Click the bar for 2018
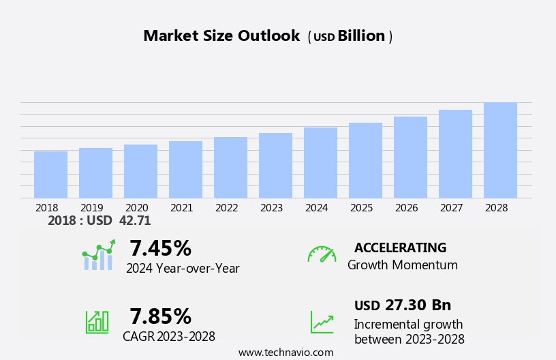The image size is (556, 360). [x=50, y=175]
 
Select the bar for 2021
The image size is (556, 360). [x=185, y=170]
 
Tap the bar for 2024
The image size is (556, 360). [x=320, y=163]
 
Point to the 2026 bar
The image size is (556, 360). [x=410, y=157]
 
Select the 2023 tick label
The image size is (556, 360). [x=271, y=208]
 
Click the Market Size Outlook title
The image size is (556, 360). [x=221, y=36]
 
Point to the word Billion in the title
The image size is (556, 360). [x=361, y=36]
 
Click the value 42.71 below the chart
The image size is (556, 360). [x=135, y=221]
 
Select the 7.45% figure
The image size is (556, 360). [x=160, y=248]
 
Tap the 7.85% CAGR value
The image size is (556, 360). [x=160, y=316]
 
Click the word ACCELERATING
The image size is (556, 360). [x=400, y=248]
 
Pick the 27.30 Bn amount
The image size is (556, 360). [x=418, y=305]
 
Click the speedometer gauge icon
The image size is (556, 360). [x=322, y=254]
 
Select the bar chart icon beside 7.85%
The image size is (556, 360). [x=97, y=322]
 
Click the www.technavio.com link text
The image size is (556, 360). [x=285, y=352]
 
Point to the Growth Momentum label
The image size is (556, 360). [x=402, y=265]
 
